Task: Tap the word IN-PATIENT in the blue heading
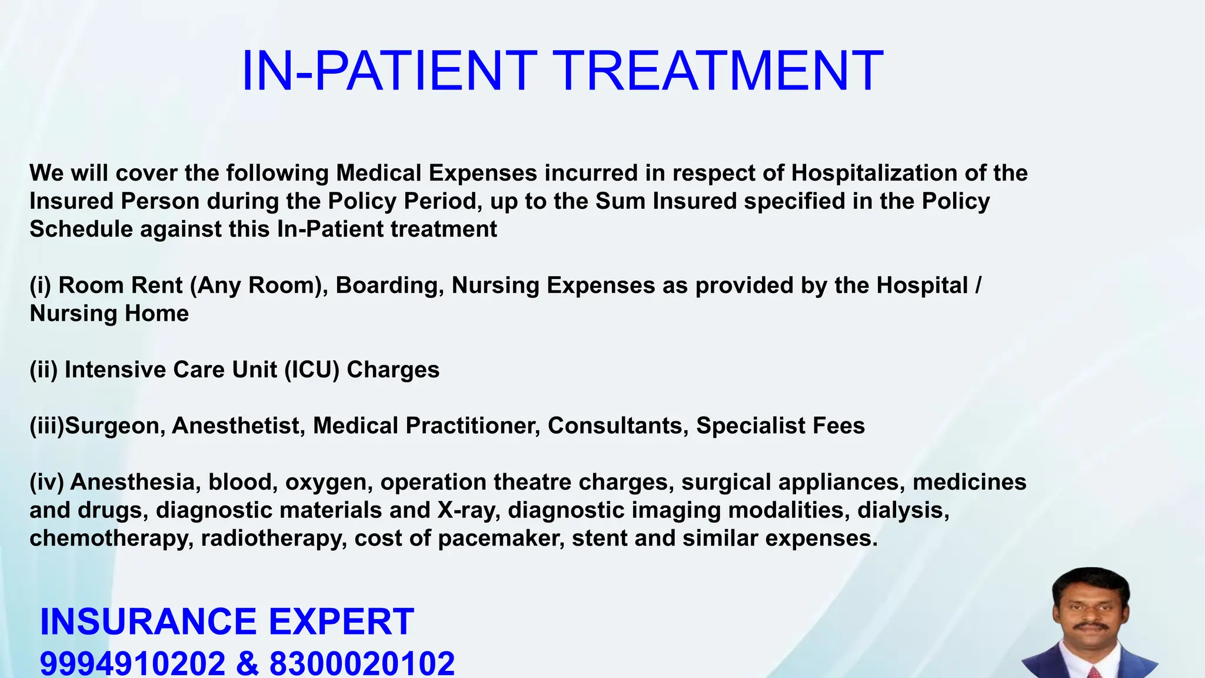click(x=389, y=71)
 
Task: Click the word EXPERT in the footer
click(x=341, y=622)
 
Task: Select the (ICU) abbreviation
click(x=312, y=370)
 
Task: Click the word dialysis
click(x=903, y=510)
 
